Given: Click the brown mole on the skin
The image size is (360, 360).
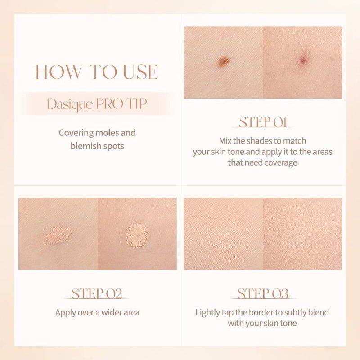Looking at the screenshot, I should coord(224,61).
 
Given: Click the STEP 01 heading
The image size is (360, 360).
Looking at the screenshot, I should coord(263,122).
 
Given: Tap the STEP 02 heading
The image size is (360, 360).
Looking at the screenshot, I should coord(97,293).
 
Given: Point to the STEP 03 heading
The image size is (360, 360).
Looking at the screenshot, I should coord(263,293).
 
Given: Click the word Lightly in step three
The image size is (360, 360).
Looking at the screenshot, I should coord(210,312).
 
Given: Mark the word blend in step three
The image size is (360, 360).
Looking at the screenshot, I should coord(318,312).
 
